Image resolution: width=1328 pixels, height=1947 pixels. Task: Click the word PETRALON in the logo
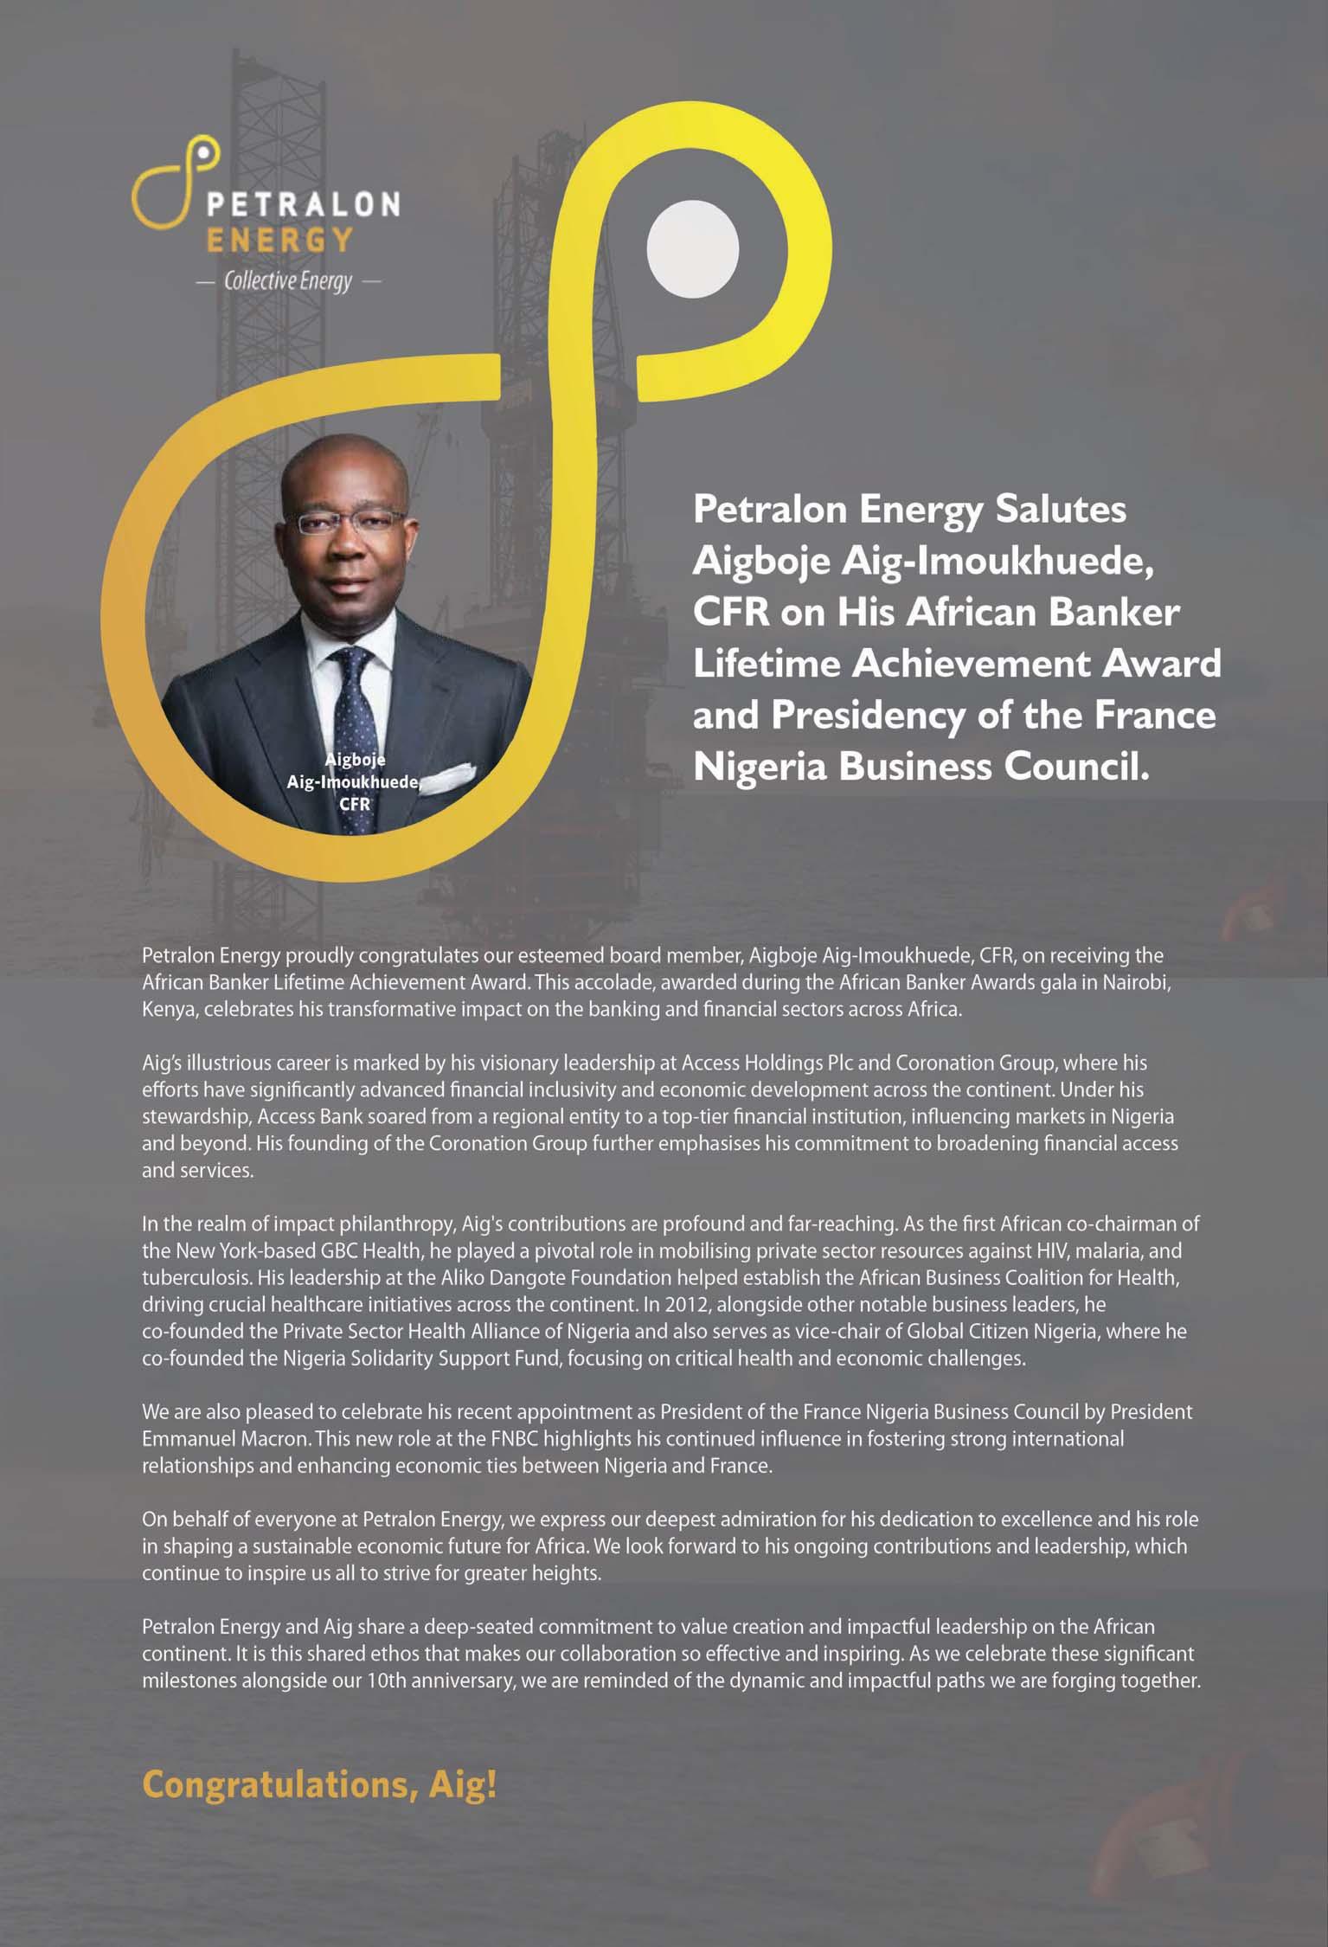coord(302,203)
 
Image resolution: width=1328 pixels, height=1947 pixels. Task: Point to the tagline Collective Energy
coord(288,281)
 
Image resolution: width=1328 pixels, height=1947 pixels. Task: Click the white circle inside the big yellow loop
coord(692,249)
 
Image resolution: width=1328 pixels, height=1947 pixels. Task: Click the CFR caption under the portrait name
coord(354,803)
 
